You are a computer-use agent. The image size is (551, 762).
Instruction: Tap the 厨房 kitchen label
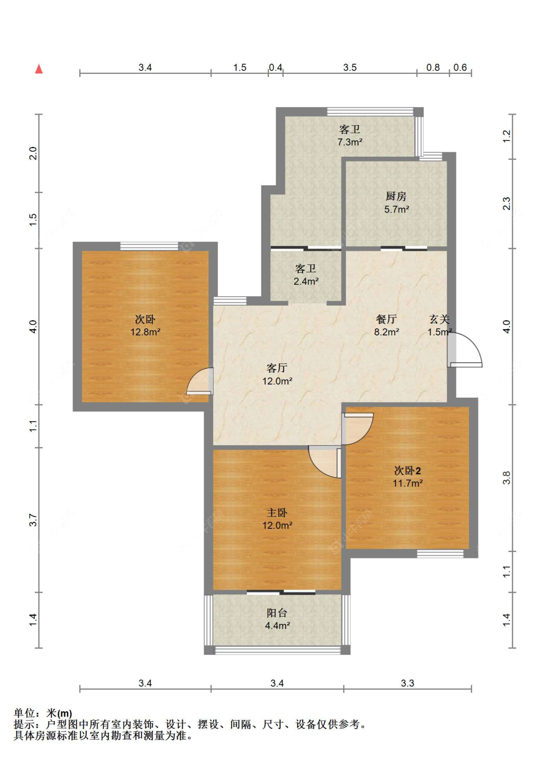[x=396, y=196]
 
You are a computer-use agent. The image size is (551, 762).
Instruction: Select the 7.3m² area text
[x=350, y=142]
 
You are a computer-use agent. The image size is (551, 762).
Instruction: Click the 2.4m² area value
[x=306, y=281]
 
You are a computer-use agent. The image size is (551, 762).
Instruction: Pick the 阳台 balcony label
[x=277, y=613]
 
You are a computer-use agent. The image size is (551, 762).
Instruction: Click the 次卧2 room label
[x=407, y=471]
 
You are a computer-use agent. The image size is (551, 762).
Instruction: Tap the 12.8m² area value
[x=145, y=332]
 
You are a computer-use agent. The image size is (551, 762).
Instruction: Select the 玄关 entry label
[x=439, y=319]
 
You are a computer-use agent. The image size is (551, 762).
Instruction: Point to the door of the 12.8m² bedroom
[x=200, y=381]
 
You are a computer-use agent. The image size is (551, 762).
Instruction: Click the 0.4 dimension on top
[x=275, y=68]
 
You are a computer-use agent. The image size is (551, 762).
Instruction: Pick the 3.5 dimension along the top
[x=350, y=68]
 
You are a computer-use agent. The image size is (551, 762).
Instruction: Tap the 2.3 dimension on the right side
[x=506, y=203]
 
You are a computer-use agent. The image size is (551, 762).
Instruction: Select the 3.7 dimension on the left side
[x=33, y=520]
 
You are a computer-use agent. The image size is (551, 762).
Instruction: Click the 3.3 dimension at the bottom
[x=407, y=683]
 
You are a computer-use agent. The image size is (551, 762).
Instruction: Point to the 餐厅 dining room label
[x=386, y=319]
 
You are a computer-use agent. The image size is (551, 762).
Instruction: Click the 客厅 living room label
[x=277, y=368]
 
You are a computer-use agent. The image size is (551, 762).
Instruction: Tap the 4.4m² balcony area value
[x=277, y=625]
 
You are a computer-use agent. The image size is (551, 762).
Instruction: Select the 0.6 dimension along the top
[x=460, y=68]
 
